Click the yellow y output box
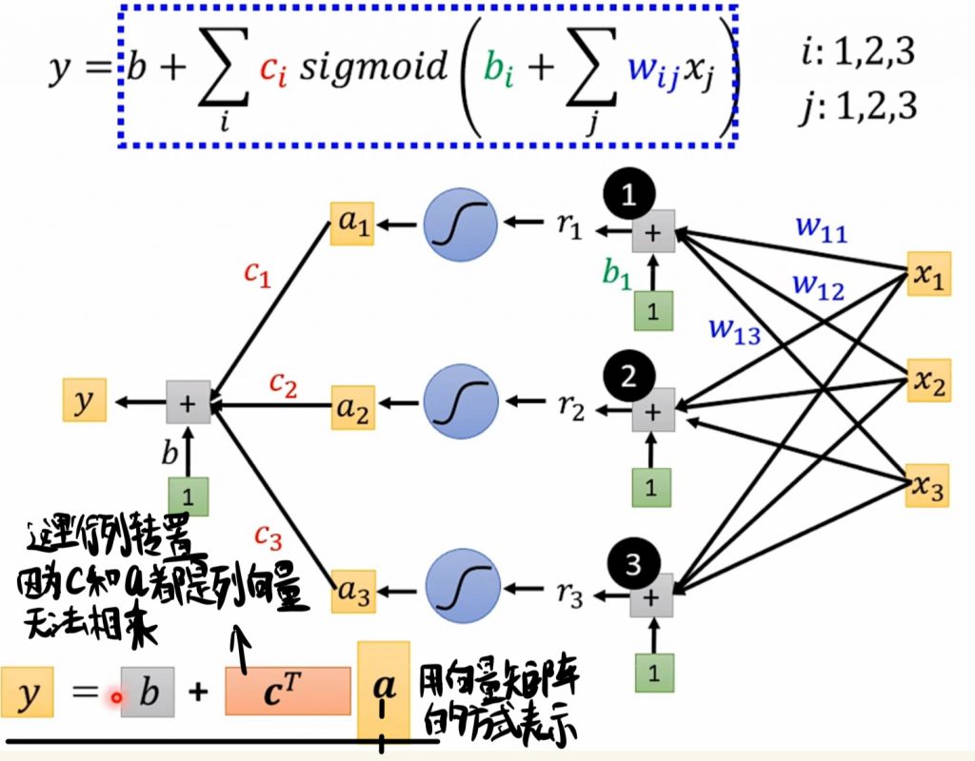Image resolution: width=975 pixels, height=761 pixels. point(85,400)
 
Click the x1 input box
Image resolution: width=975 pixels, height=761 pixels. point(928,274)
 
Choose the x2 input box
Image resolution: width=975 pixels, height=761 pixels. point(928,380)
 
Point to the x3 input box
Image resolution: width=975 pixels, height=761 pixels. point(928,486)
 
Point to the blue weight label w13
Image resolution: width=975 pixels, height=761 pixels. point(736,329)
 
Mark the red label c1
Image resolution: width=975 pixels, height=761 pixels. point(258,275)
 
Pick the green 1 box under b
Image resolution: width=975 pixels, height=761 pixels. point(189,496)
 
